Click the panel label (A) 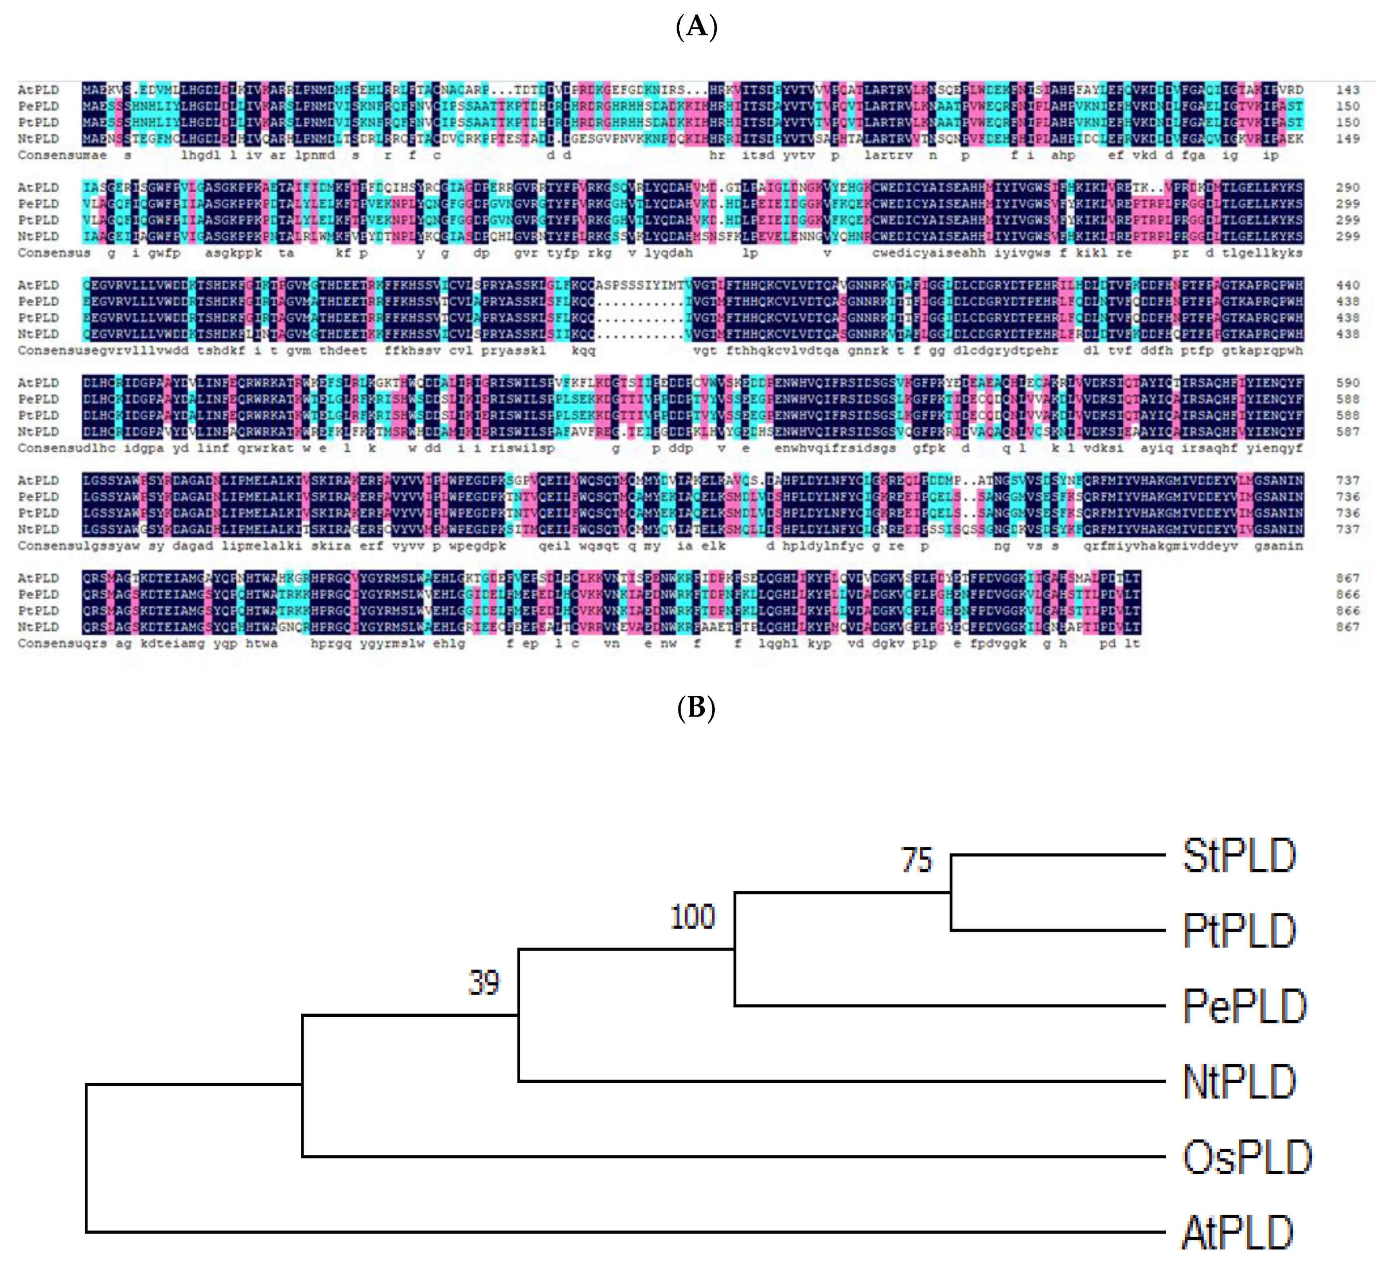tap(696, 27)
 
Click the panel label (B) tap(696, 707)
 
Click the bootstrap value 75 tap(916, 860)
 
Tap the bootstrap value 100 tap(693, 918)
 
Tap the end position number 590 tap(1347, 383)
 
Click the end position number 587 tap(1347, 432)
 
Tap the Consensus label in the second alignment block tap(54, 253)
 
